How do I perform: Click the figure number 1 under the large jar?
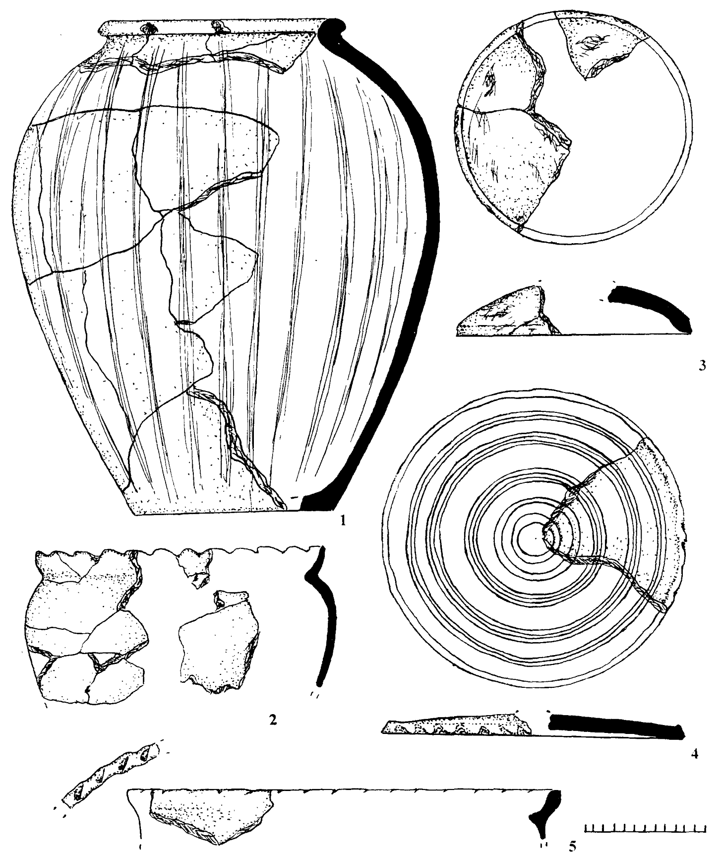click(340, 521)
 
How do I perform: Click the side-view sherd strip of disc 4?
click(456, 726)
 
